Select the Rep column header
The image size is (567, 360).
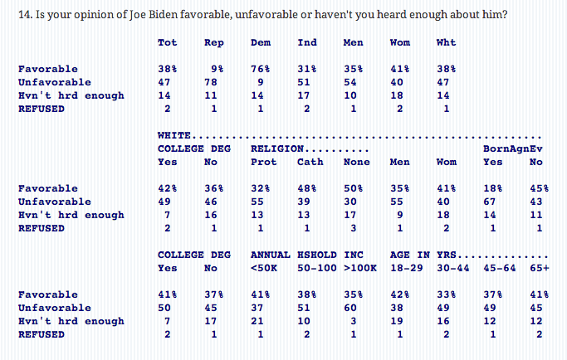(213, 43)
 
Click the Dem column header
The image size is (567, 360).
(260, 43)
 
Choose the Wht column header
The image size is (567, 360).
(446, 43)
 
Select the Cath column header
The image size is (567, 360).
(310, 163)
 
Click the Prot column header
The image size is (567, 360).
(263, 163)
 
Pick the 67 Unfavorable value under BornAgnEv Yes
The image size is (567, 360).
(490, 202)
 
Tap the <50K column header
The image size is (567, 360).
(263, 269)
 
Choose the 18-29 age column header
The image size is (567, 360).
(403, 269)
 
